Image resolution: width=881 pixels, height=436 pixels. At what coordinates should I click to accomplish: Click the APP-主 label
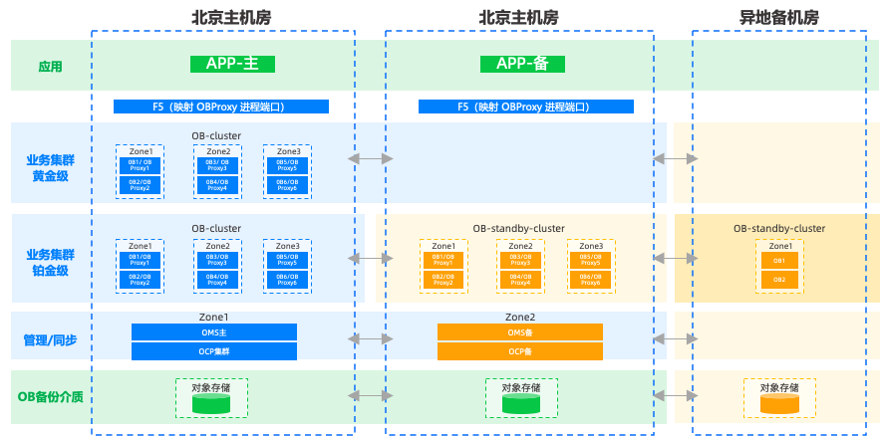click(x=232, y=64)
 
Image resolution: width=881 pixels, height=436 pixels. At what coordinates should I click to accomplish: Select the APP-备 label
click(x=522, y=64)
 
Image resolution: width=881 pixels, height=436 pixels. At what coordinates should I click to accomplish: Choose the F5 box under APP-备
click(x=524, y=107)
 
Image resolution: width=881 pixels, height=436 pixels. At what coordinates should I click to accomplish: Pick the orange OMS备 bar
click(x=520, y=332)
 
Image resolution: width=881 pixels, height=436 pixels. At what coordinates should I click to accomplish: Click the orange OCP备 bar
click(x=520, y=351)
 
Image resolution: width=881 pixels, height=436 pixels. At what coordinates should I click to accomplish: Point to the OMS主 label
click(x=214, y=332)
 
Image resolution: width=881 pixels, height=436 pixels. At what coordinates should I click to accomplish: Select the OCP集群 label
click(x=214, y=351)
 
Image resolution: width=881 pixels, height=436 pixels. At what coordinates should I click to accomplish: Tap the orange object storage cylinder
click(x=779, y=404)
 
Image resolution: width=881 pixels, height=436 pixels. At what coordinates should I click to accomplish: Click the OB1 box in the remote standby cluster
click(x=779, y=261)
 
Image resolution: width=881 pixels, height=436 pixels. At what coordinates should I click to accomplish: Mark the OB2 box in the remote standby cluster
click(x=779, y=280)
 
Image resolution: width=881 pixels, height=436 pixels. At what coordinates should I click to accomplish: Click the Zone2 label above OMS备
click(x=520, y=317)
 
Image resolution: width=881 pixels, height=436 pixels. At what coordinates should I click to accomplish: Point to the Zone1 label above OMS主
click(x=214, y=317)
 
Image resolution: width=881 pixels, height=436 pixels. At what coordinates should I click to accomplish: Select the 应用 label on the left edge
click(x=50, y=67)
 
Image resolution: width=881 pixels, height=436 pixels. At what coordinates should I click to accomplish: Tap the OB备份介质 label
click(x=50, y=396)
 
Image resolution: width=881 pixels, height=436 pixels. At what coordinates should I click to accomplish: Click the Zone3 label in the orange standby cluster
click(x=591, y=246)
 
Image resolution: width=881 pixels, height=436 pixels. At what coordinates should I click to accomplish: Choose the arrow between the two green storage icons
click(x=370, y=396)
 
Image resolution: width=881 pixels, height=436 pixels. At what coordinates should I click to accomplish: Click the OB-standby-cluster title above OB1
click(x=779, y=229)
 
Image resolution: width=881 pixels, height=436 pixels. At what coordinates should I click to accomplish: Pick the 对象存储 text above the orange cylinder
click(x=779, y=388)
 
